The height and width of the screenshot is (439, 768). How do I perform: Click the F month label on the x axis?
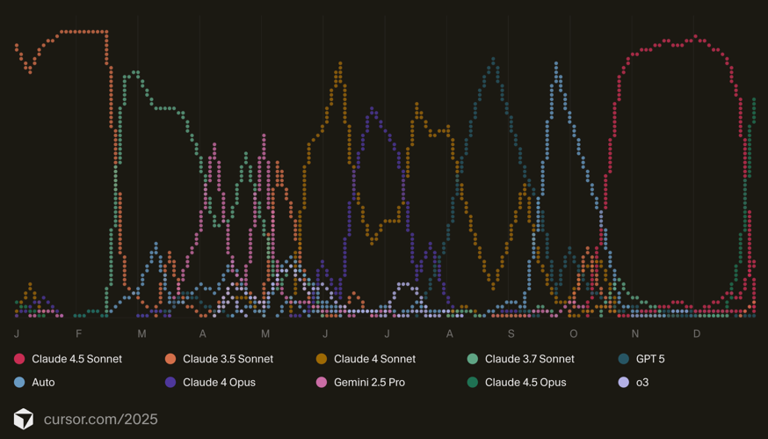79,334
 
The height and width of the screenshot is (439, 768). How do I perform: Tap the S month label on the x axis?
511,334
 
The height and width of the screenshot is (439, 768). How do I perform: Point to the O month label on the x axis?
574,334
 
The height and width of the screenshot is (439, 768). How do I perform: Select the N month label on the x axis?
635,334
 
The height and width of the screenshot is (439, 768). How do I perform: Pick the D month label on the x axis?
698,334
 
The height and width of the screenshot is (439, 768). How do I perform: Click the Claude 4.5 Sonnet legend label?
76,359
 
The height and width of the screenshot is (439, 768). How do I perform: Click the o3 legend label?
642,383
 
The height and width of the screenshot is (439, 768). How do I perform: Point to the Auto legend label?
44,383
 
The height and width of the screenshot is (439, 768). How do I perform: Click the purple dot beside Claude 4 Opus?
170,383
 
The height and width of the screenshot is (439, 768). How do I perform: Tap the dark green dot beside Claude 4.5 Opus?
473,383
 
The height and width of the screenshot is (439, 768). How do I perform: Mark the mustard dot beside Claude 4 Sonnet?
322,359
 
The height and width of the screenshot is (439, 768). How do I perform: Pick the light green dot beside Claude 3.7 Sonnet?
473,359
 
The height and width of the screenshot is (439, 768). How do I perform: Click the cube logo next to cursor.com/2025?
23,419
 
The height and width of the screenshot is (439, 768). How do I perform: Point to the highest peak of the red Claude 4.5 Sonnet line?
697,37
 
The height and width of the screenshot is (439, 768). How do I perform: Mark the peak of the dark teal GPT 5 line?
494,60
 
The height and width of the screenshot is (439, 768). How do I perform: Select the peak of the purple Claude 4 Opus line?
373,109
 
